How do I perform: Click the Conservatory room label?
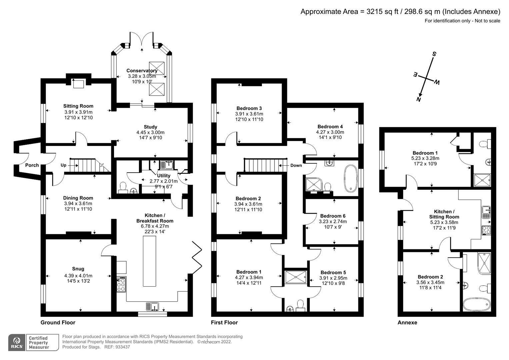coord(142,71)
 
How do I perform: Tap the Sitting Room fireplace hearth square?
coord(79,84)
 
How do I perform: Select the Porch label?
coord(32,165)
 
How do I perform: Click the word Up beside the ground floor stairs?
coord(63,165)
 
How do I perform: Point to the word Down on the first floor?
coord(296,165)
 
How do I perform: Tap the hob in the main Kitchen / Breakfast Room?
coord(121,285)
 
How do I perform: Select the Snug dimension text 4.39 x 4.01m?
coord(78,276)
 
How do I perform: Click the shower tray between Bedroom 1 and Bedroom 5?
coord(296,277)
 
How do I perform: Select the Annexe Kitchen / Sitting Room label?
coord(444,214)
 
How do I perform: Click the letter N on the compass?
coord(419,99)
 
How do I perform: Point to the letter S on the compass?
coord(434,54)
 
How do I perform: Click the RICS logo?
coord(16,342)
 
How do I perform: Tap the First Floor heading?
coord(224,322)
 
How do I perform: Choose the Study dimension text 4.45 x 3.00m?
coord(150,132)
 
